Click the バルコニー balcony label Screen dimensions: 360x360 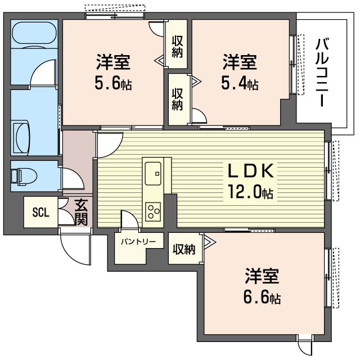322,73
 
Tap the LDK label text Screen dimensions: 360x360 251,171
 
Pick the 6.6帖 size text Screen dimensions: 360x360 262,298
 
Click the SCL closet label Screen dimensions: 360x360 41,213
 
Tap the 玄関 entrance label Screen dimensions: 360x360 81,213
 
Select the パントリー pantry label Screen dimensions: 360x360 138,241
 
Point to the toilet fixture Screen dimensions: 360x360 24,177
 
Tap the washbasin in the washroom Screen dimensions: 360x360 21,138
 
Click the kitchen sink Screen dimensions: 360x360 153,173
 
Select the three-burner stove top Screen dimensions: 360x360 153,211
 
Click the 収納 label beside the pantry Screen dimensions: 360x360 184,249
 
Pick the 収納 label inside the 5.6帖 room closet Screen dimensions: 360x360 178,47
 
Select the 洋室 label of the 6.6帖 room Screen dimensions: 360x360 262,276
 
